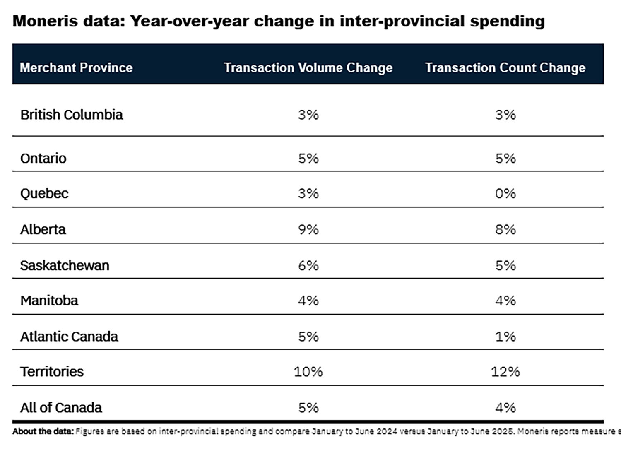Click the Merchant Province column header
76,67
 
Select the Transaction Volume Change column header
308,67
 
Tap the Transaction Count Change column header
505,67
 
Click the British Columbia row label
72,115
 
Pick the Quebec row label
44,194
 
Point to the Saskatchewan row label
65,265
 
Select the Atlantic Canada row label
69,337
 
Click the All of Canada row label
61,408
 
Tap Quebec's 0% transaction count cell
505,194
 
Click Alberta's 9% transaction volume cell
308,229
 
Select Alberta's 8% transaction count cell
505,229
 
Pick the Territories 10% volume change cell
308,372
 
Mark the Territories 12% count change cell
505,372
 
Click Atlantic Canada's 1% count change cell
505,337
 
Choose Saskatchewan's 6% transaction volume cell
308,265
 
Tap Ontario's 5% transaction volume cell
308,158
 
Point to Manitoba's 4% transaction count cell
505,301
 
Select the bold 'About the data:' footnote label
43,431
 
